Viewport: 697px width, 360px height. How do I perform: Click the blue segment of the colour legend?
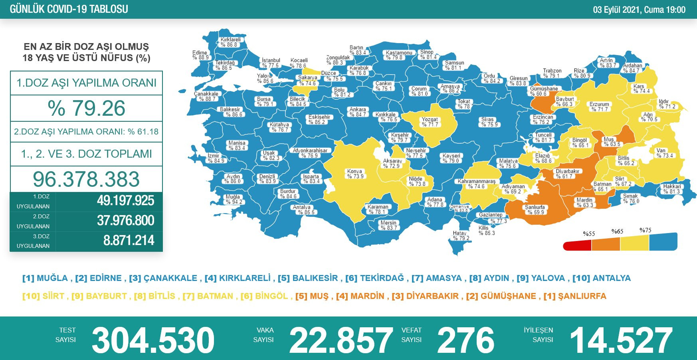pyautogui.click(x=663, y=242)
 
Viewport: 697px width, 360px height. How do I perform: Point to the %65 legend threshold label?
pyautogui.click(x=617, y=231)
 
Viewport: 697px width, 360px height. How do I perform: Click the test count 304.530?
pyautogui.click(x=153, y=340)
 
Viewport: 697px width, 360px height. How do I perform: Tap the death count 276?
pyautogui.click(x=465, y=340)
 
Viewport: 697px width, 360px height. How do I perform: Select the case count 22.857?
pyautogui.click(x=341, y=340)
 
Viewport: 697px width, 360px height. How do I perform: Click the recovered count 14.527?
pyautogui.click(x=621, y=340)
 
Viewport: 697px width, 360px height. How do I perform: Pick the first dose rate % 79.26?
pyautogui.click(x=86, y=108)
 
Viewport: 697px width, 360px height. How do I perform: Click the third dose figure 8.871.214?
pyautogui.click(x=129, y=241)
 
